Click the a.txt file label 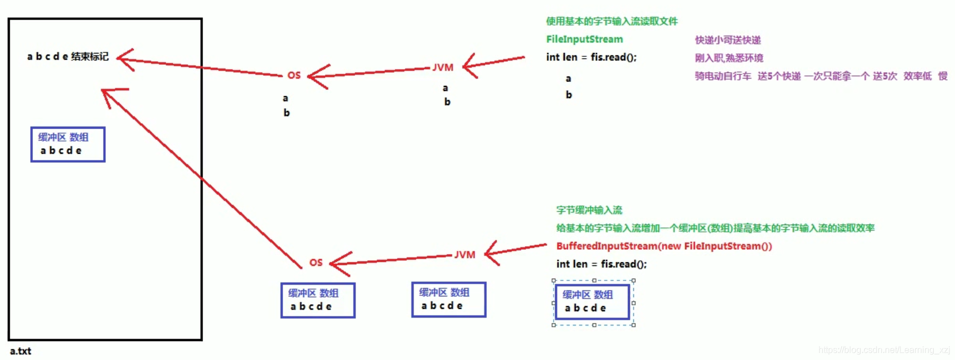[x=21, y=351]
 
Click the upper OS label [x=294, y=75]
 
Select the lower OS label [x=316, y=262]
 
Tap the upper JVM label [x=443, y=67]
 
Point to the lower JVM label [x=464, y=255]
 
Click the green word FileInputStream [x=584, y=39]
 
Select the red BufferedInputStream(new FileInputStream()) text [x=663, y=246]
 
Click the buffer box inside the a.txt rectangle [x=67, y=144]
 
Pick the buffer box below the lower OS [x=318, y=300]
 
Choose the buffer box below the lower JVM [x=448, y=300]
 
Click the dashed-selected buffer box [x=593, y=302]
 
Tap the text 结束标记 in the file [x=90, y=56]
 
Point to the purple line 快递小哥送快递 [x=728, y=40]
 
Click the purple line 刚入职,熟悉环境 [x=729, y=58]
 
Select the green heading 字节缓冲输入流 [x=589, y=210]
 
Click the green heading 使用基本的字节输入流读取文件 [x=612, y=21]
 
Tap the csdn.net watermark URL [x=884, y=350]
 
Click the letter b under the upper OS [x=287, y=113]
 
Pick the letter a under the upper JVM [x=445, y=88]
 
